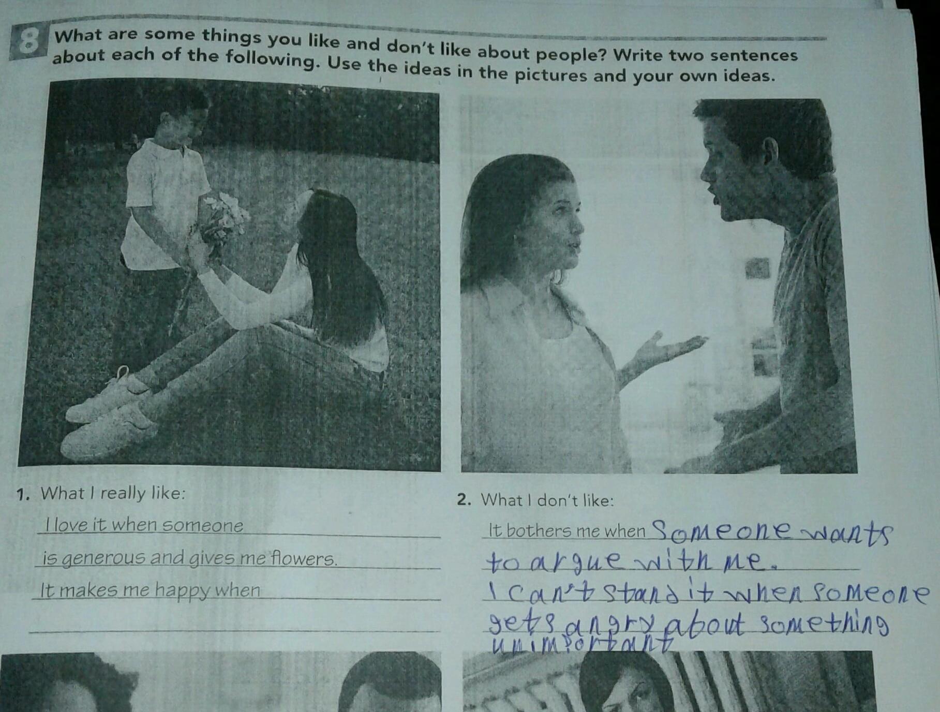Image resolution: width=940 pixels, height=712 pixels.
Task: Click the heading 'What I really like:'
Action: (113, 493)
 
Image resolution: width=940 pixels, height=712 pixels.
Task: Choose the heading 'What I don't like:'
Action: (547, 500)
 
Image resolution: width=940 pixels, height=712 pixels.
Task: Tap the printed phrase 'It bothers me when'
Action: (567, 530)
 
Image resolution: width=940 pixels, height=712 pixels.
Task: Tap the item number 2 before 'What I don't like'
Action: (464, 499)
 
